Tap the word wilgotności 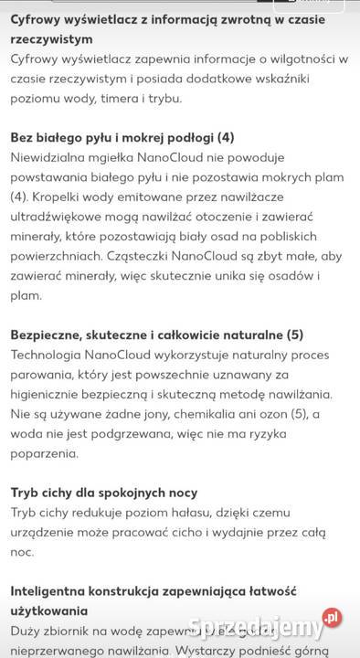(x=291, y=59)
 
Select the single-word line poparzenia (x=46, y=453)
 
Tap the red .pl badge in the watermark (x=332, y=618)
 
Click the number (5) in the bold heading (x=295, y=334)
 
